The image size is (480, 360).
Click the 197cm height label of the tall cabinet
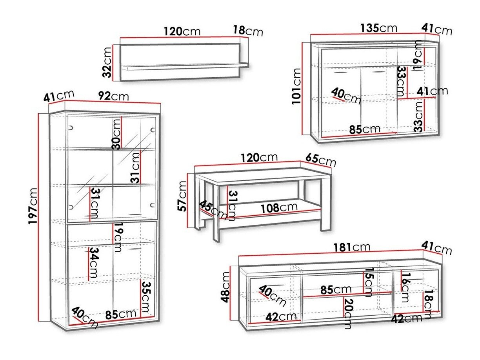[33, 205]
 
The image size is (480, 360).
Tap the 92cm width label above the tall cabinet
[113, 96]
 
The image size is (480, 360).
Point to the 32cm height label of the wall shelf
[107, 62]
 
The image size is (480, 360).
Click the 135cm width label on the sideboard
[378, 28]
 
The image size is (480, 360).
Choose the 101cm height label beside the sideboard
[296, 87]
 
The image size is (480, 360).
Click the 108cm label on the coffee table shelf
[279, 207]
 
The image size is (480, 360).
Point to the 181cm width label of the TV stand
[352, 247]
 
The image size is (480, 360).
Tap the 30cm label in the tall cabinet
[116, 134]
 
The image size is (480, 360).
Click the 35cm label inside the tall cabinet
[145, 297]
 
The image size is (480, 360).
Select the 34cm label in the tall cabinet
[94, 262]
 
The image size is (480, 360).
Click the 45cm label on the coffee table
[213, 210]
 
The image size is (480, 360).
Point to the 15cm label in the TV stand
[369, 282]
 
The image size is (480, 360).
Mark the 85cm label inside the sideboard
[365, 129]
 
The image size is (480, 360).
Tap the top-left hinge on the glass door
[71, 127]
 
